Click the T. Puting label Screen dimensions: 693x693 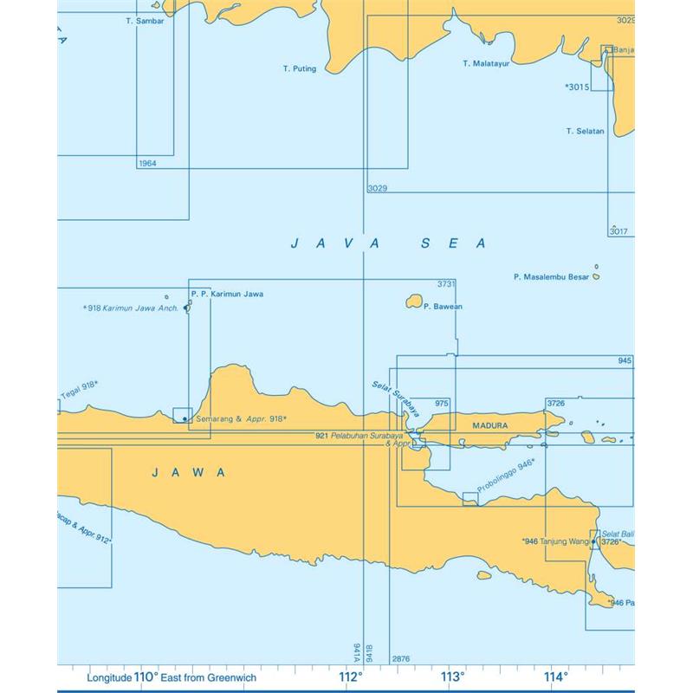(x=300, y=68)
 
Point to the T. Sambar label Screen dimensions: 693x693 (x=145, y=21)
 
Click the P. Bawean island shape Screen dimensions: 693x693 (x=413, y=302)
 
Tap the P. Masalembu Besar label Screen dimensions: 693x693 (x=551, y=278)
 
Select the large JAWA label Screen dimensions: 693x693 (x=188, y=472)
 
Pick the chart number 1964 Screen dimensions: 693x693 (x=147, y=163)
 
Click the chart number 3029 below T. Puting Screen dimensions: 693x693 (x=377, y=188)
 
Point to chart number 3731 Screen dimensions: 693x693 (x=446, y=284)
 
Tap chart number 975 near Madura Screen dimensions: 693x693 (x=442, y=404)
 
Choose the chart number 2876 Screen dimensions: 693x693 (x=401, y=659)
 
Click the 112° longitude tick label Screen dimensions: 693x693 (x=350, y=677)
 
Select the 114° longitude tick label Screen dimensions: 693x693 (x=555, y=677)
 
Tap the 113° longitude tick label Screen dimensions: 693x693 (x=452, y=677)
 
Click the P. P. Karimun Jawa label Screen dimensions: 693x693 (x=227, y=295)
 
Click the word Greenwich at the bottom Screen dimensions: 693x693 (x=251, y=677)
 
